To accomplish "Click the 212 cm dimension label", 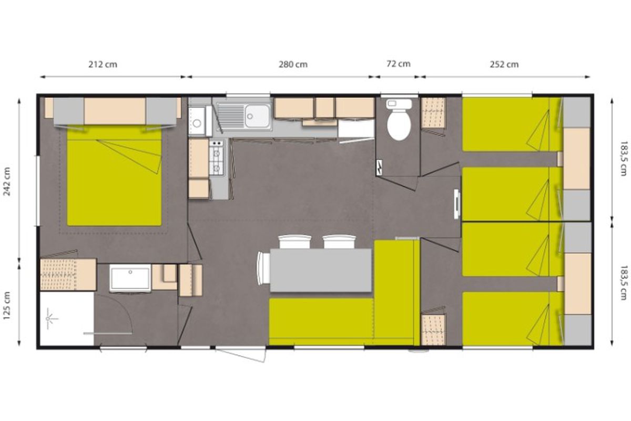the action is click(103, 65).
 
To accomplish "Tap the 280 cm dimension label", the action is click(293, 65).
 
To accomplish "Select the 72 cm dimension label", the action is click(399, 64).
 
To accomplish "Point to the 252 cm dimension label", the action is click(504, 65).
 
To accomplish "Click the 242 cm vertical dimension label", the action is click(7, 182).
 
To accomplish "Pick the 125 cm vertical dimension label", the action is click(7, 306).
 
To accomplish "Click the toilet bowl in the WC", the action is click(399, 126).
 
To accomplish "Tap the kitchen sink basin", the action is click(257, 116).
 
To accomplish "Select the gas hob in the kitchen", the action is click(216, 157).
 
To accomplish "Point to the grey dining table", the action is click(321, 270).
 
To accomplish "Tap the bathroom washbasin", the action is click(130, 278).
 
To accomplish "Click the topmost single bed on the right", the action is click(512, 124).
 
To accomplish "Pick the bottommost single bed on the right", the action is click(512, 318).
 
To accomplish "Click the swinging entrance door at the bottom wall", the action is click(240, 355).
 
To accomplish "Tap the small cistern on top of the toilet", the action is click(399, 104).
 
